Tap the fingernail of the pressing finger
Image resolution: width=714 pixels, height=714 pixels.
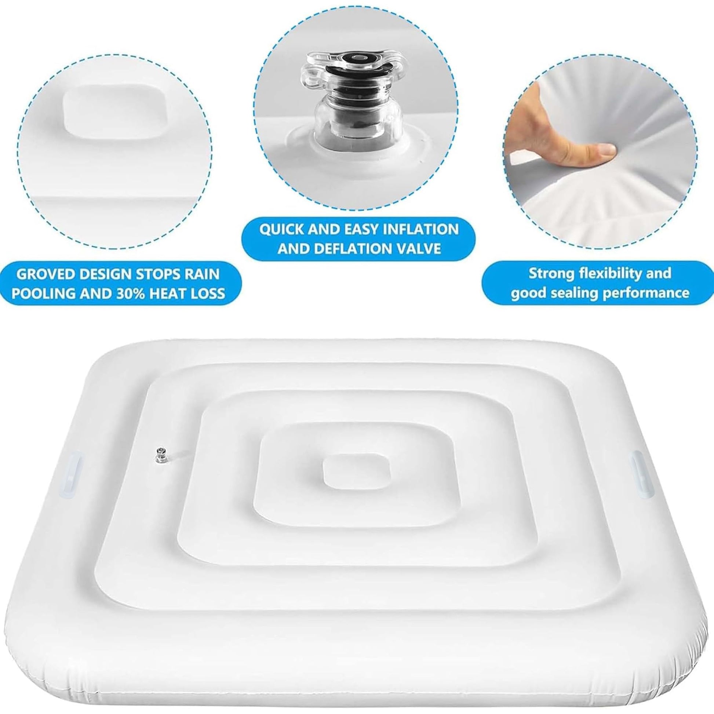pyautogui.click(x=606, y=150)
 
